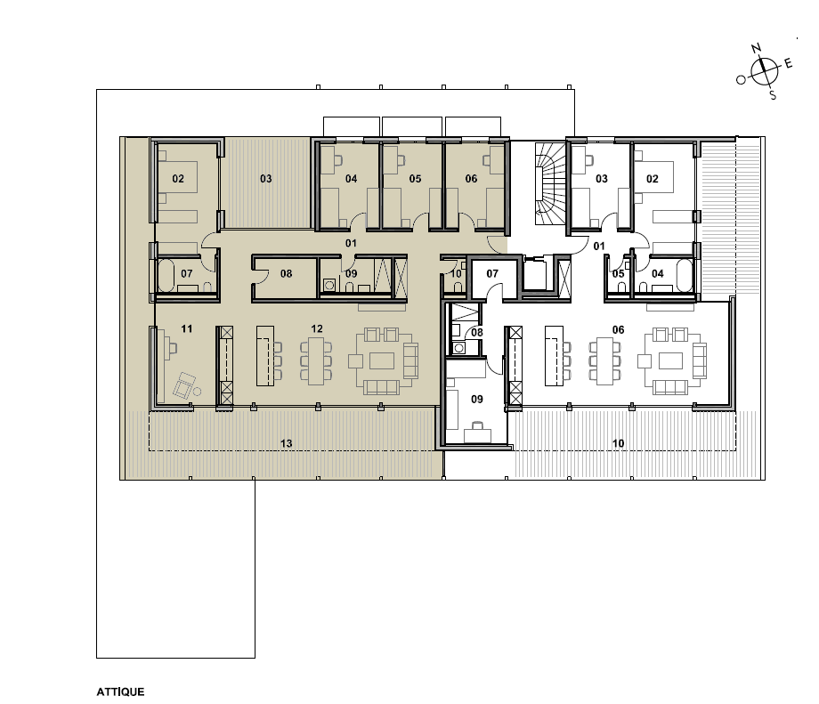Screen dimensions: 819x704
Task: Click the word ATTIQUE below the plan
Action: (x=120, y=692)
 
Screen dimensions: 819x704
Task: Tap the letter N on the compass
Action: (x=757, y=49)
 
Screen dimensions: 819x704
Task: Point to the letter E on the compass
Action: (x=788, y=64)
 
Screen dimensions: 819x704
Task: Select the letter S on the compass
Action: (x=773, y=95)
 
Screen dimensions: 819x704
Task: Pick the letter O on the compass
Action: (x=741, y=80)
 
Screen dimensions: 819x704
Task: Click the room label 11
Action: (x=186, y=328)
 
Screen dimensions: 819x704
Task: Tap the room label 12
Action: (x=317, y=328)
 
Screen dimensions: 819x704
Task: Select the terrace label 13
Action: (x=287, y=443)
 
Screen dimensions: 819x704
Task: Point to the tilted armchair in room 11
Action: (x=183, y=386)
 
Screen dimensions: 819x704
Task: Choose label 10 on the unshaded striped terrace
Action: (x=618, y=443)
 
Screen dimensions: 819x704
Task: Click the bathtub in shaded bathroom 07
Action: (x=166, y=275)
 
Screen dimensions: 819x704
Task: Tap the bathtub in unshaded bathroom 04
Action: (x=685, y=275)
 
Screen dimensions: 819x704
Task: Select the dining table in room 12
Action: (x=317, y=361)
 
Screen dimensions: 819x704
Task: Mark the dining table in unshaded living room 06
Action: (x=605, y=361)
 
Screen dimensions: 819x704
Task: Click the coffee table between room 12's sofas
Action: (x=382, y=360)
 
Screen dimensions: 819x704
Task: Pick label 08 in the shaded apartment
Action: (x=286, y=273)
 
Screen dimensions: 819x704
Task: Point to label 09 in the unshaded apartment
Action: (x=477, y=399)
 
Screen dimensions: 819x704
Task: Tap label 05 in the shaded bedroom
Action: (x=415, y=179)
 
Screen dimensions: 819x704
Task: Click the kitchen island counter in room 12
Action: (x=264, y=356)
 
